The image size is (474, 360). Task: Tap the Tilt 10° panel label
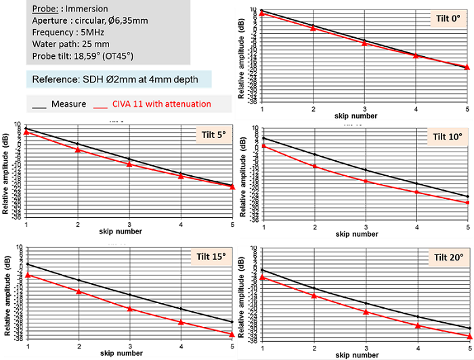click(448, 136)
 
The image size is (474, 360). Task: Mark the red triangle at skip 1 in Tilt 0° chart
click(262, 14)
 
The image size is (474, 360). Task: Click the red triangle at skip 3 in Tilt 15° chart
click(129, 308)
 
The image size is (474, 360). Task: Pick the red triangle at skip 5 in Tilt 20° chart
click(469, 336)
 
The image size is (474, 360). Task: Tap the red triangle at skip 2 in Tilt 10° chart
click(314, 166)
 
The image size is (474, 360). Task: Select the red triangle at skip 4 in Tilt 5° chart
click(181, 176)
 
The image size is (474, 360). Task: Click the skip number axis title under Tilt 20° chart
click(366, 354)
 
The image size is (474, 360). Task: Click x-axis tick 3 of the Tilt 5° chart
click(129, 224)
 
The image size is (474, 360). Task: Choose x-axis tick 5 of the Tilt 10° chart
click(468, 225)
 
